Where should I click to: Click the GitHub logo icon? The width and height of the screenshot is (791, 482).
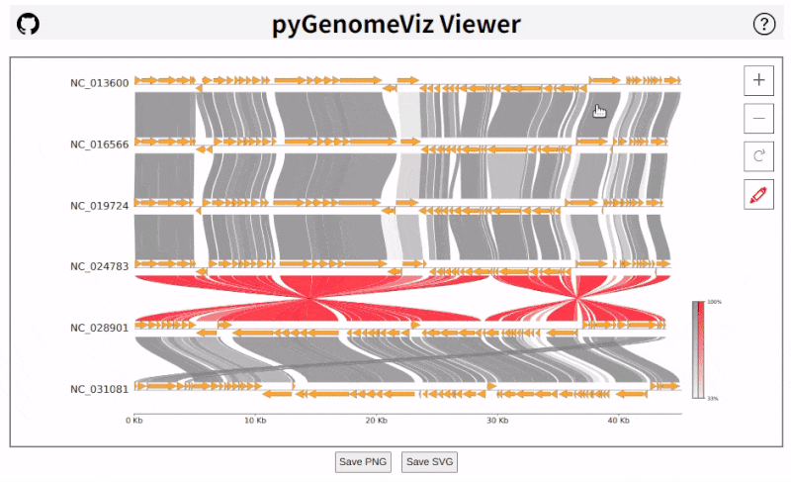pos(29,25)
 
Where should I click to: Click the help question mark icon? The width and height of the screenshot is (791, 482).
pos(763,25)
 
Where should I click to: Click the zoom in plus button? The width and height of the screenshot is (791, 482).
pos(758,80)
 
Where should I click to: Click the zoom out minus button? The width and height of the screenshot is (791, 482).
pos(758,118)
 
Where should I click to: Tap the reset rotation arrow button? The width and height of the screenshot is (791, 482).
pos(758,155)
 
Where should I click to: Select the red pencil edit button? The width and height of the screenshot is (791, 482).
pos(758,194)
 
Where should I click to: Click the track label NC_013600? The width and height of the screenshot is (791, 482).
pos(99,83)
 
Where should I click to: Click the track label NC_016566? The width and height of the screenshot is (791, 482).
pos(99,145)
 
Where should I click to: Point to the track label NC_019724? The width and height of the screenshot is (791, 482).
pos(99,206)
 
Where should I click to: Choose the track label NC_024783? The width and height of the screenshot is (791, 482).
pos(99,266)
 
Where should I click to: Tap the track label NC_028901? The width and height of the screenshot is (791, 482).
pos(99,328)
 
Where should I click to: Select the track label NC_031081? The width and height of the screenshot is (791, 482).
pos(99,389)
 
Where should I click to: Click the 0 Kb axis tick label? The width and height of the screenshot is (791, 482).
pos(134,421)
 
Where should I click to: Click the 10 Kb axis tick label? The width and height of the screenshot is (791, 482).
pos(255,421)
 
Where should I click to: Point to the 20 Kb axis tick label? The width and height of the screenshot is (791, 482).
pos(376,421)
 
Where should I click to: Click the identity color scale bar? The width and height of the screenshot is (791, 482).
pos(699,349)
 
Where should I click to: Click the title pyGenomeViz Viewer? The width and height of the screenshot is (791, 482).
pos(395,25)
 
